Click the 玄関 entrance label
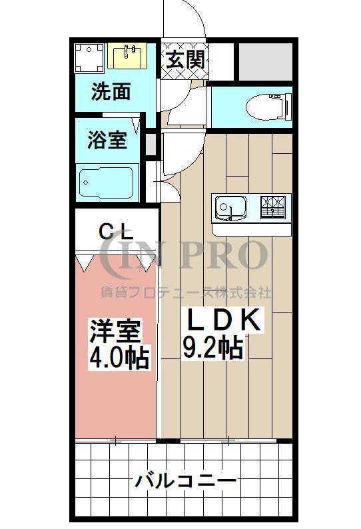pyautogui.click(x=184, y=59)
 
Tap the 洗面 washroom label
pyautogui.click(x=111, y=91)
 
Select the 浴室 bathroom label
pyautogui.click(x=107, y=140)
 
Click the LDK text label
pyautogui.click(x=222, y=320)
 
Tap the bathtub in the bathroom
pyautogui.click(x=106, y=182)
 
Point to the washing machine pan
pyautogui.click(x=89, y=58)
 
